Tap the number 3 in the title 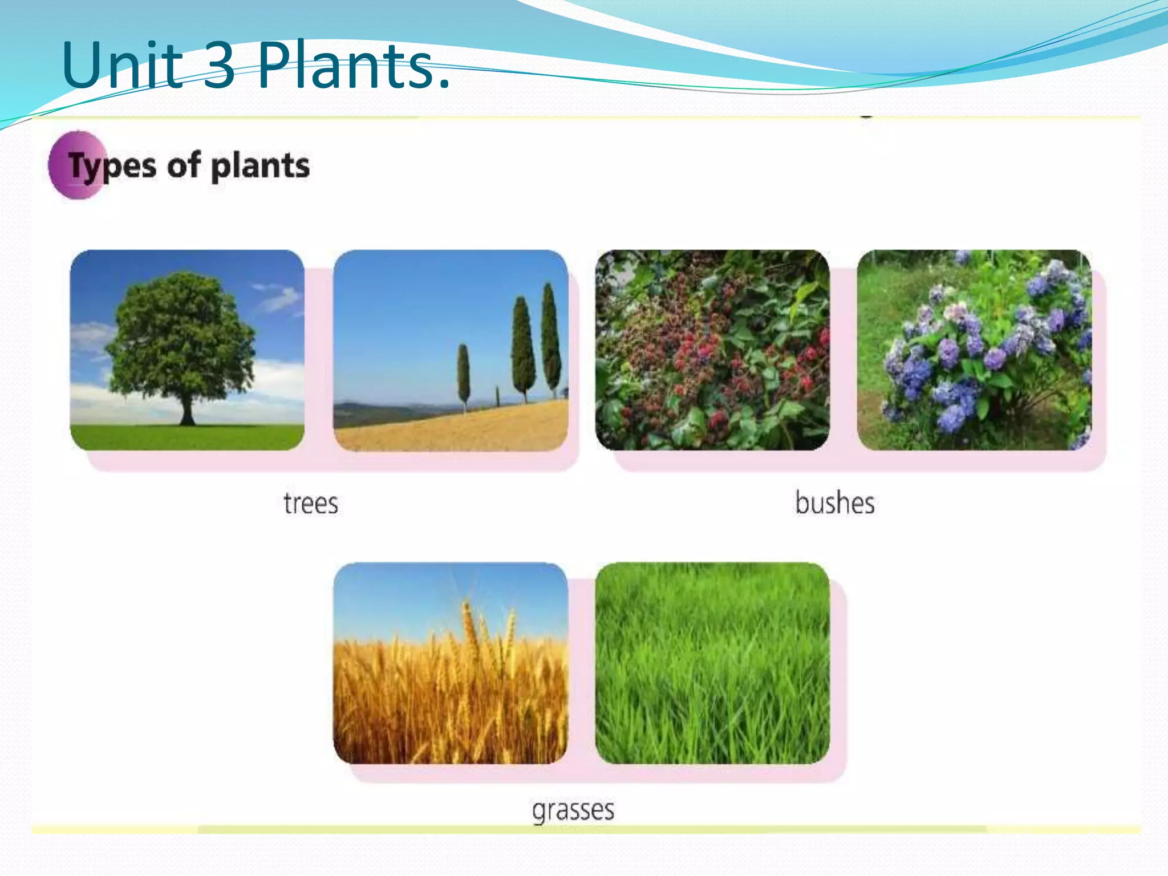click(x=219, y=66)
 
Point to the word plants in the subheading click(x=260, y=167)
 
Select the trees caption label click(x=311, y=503)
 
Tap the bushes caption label click(x=834, y=503)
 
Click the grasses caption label click(x=573, y=810)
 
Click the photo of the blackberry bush click(x=712, y=350)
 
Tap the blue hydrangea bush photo click(x=975, y=350)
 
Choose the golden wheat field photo click(x=451, y=663)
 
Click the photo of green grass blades click(x=712, y=663)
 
